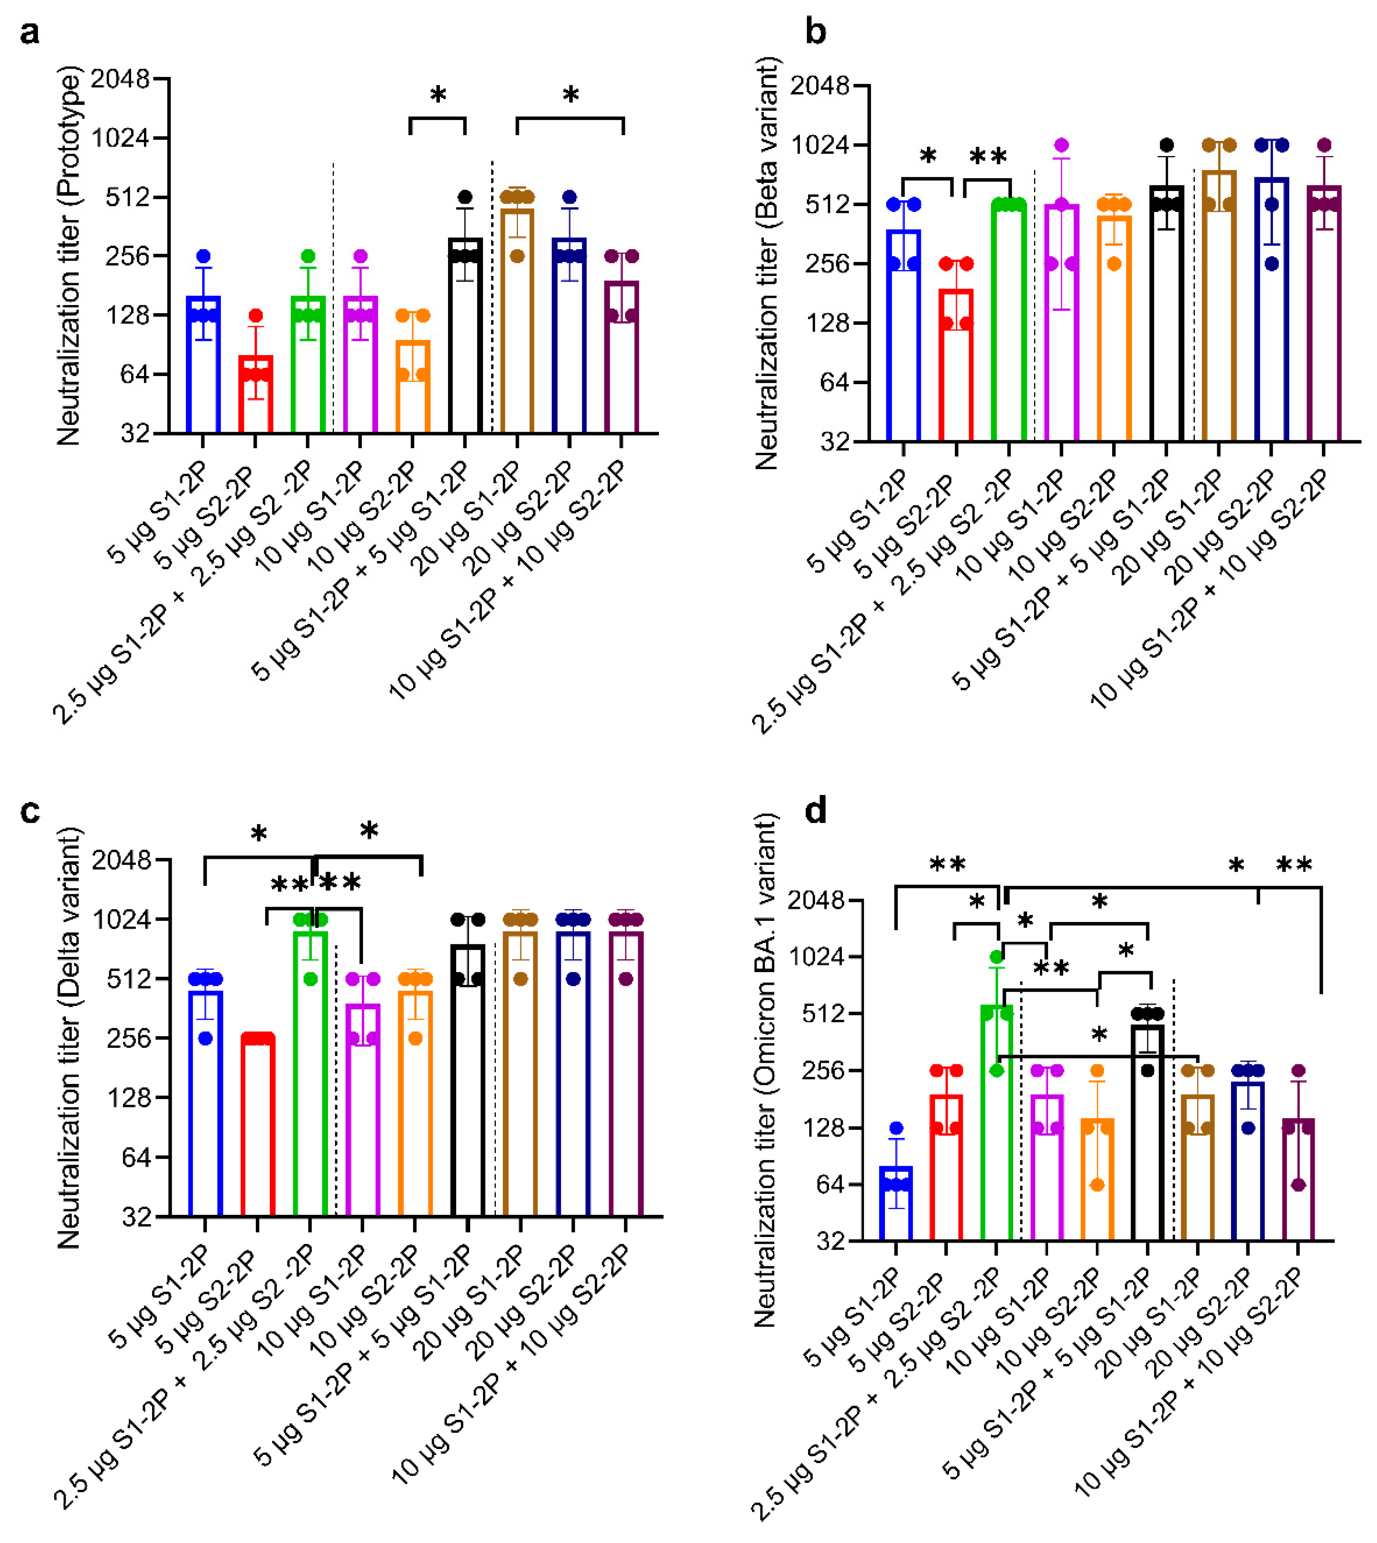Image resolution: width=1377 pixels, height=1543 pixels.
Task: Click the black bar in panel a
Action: tap(465, 337)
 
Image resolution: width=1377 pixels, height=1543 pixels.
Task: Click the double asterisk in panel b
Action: tap(988, 157)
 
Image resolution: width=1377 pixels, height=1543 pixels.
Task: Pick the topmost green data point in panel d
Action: tap(996, 957)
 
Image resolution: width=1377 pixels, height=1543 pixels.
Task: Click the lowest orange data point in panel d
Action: tap(1097, 1185)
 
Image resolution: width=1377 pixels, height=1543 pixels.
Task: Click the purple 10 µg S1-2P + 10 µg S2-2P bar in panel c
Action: tap(626, 1075)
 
